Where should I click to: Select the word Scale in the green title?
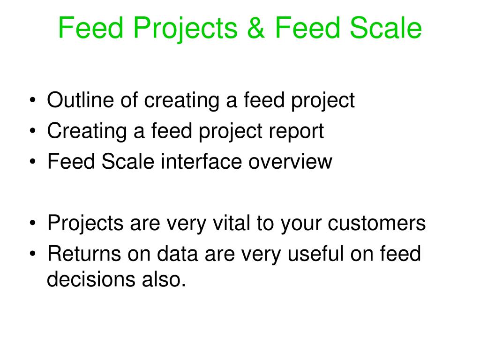[386, 28]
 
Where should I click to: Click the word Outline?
[81, 100]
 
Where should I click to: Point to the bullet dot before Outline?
[33, 100]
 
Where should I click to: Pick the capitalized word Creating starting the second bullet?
[87, 132]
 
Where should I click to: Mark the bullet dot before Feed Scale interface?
[33, 162]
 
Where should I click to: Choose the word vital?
[232, 223]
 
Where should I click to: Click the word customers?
[376, 223]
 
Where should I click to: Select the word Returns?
[84, 254]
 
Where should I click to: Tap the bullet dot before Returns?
[33, 254]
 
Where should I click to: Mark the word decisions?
[91, 279]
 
